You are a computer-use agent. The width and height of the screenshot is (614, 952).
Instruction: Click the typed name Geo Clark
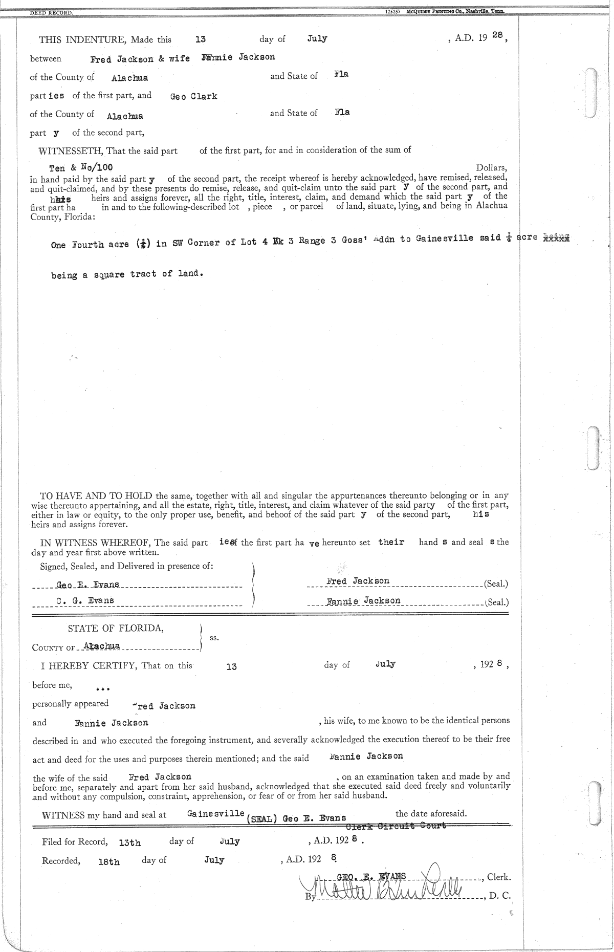[193, 96]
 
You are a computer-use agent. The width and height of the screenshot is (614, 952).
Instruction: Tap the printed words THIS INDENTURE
[81, 39]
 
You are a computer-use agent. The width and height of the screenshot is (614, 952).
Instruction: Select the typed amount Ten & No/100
[81, 167]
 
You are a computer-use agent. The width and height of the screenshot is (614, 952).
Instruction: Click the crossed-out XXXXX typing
[556, 237]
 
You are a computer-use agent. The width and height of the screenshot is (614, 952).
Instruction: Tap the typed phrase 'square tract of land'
[149, 274]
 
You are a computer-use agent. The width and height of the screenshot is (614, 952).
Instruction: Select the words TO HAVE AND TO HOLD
[97, 495]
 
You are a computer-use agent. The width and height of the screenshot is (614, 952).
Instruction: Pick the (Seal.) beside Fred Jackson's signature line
[495, 583]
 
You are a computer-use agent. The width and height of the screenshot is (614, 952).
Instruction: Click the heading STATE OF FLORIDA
[116, 629]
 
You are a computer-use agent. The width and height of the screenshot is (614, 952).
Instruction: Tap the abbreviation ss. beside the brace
[214, 638]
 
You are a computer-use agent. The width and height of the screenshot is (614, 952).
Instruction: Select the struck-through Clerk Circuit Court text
[396, 825]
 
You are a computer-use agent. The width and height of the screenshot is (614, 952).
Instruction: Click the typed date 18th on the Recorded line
[109, 862]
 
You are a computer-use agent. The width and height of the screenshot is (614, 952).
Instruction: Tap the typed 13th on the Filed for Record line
[129, 842]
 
